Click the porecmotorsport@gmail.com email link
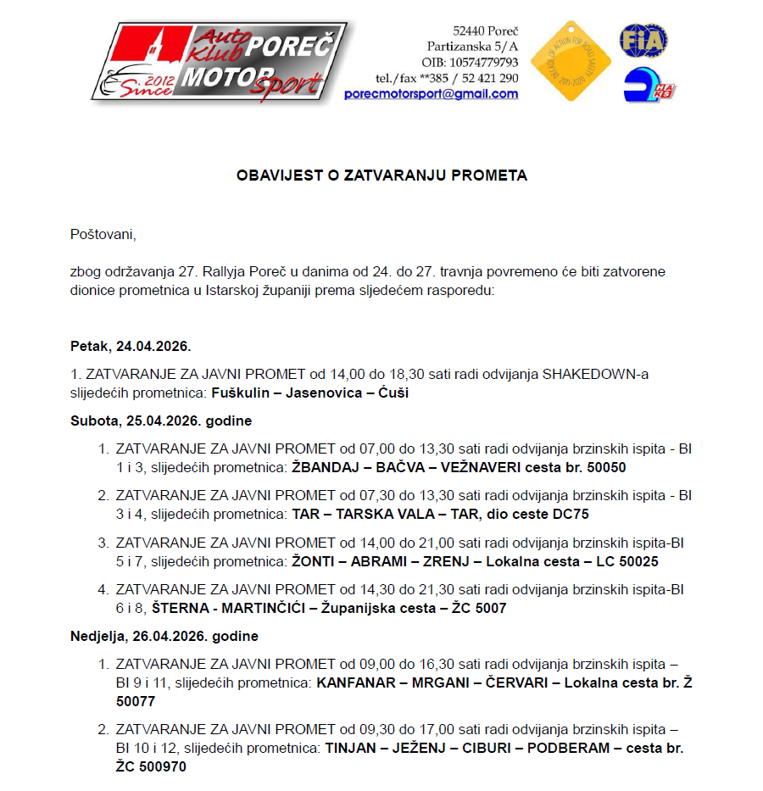[431, 94]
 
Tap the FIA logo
[643, 41]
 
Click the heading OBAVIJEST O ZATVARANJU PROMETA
[381, 175]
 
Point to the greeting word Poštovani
[103, 234]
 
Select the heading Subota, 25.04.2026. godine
[161, 421]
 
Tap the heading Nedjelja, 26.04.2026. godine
[164, 636]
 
